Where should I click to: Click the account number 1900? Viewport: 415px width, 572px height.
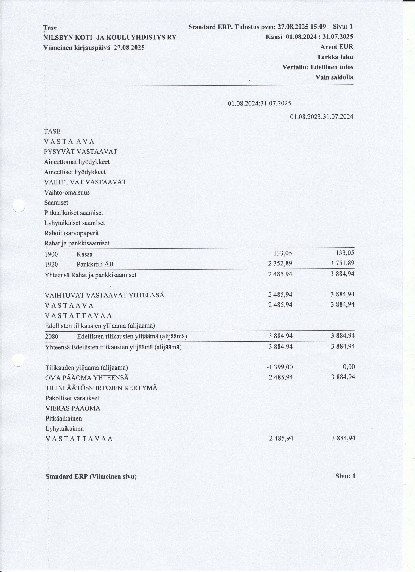coord(51,254)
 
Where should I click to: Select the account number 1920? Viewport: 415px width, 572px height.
coord(51,265)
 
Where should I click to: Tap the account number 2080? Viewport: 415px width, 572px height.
coord(52,337)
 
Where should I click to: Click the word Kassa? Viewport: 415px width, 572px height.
coord(85,254)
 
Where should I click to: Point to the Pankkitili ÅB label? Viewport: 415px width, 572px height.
coord(95,265)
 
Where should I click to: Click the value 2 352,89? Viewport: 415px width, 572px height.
coord(280,263)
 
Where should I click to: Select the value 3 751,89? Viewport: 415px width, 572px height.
coord(342,263)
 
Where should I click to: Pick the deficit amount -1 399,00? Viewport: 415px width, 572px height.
coord(279,367)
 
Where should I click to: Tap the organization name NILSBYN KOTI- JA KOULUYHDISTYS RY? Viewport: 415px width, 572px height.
coord(110,38)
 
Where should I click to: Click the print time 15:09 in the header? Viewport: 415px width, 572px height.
coord(318,27)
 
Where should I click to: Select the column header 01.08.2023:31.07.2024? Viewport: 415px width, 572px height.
coord(322,116)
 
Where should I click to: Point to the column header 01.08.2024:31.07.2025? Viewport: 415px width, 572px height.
coord(259,103)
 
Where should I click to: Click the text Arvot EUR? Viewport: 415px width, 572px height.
coord(337,47)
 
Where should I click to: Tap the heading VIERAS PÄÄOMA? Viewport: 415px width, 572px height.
coord(73,408)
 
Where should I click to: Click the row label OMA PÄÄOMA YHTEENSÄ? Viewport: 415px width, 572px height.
coord(87,378)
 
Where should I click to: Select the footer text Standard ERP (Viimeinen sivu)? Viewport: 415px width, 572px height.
coord(91,477)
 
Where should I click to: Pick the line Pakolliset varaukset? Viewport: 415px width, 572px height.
coord(72,398)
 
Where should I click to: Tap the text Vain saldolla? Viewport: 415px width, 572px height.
coord(334,77)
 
